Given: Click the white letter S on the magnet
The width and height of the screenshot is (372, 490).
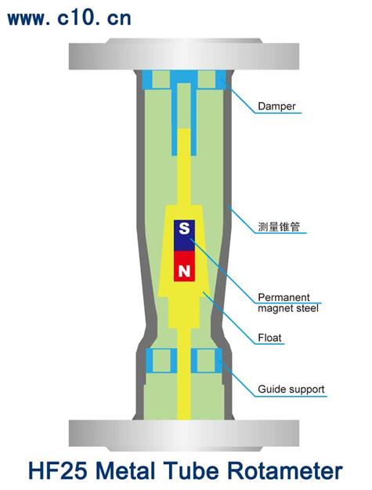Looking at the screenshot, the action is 184,228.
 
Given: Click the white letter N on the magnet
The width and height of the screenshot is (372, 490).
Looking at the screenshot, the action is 184,270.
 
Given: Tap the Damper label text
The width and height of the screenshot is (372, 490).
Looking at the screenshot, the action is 276,107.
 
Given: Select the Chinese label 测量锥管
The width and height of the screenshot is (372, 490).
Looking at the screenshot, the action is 279,227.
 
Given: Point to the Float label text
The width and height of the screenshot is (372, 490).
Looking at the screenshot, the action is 269,338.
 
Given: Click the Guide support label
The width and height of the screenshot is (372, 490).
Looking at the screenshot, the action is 291,390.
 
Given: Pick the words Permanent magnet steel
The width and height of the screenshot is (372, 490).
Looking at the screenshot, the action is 288,303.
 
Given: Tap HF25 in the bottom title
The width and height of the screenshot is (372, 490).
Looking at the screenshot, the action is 58,471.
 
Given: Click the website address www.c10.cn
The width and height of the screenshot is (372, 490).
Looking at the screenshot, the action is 69,19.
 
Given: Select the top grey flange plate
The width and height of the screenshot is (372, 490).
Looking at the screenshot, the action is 184,54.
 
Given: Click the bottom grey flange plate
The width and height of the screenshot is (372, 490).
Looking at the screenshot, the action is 184,436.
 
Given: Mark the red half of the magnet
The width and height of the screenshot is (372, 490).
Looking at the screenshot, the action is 184,267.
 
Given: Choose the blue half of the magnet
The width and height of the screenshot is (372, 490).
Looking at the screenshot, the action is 184,236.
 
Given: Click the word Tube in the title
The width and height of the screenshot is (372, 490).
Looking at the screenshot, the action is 191,471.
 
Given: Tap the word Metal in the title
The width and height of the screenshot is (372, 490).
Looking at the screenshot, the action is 125,471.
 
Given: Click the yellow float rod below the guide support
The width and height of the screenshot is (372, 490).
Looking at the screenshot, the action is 184,396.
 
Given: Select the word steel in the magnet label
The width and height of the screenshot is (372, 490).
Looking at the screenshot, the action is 308,308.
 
